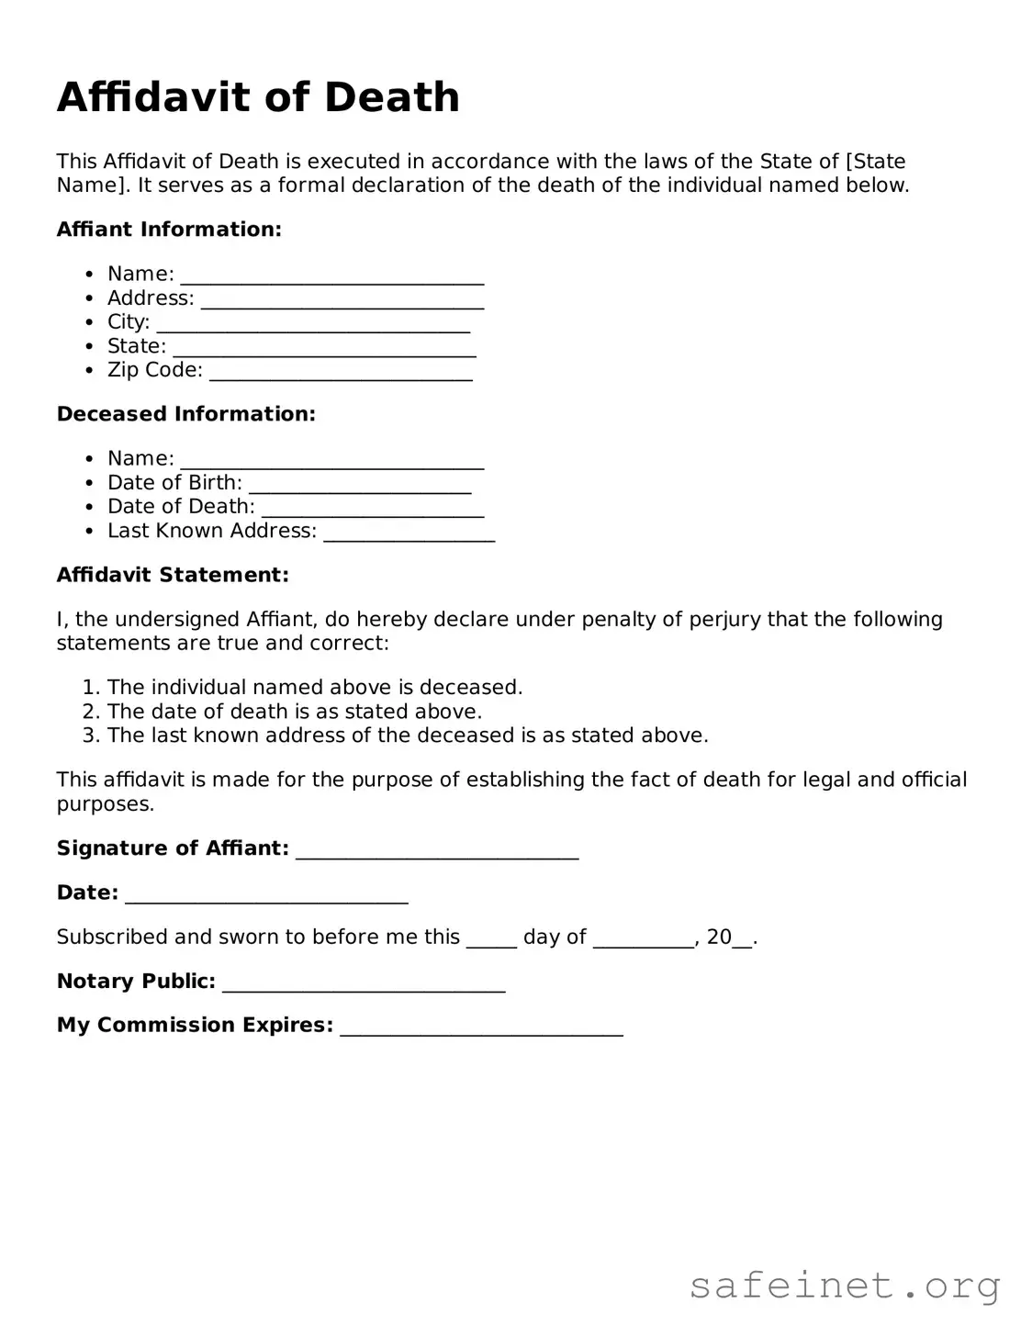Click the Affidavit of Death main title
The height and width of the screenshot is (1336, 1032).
tap(258, 97)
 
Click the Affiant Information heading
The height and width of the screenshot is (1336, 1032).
tap(169, 230)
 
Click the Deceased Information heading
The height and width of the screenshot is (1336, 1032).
tap(185, 414)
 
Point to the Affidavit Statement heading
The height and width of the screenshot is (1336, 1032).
tap(173, 575)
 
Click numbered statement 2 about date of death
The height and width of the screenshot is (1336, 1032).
tap(294, 712)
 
